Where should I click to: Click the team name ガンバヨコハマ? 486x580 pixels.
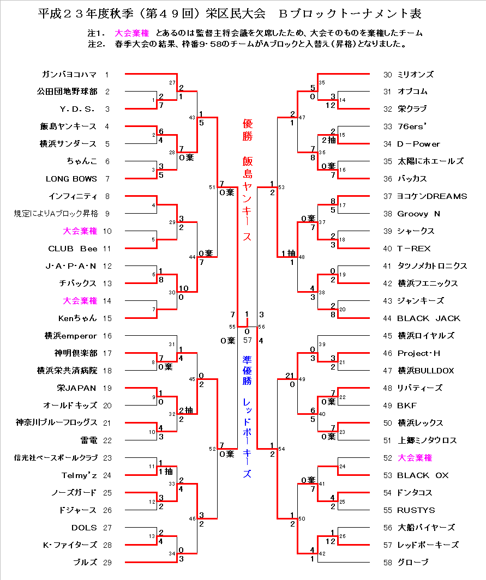click(69, 74)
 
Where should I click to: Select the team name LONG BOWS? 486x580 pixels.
click(71, 179)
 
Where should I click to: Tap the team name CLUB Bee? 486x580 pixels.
click(73, 249)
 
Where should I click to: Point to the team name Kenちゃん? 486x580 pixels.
click(78, 318)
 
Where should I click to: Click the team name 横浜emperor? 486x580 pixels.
click(71, 336)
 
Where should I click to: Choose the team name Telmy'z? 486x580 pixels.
click(79, 475)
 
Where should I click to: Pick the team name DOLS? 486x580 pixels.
click(84, 528)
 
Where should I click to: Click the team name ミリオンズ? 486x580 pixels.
click(416, 74)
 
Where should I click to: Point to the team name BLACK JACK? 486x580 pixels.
click(429, 318)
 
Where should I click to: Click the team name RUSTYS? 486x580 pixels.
click(416, 510)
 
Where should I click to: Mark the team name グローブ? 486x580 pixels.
click(413, 563)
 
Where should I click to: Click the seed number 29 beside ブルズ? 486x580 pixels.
click(107, 563)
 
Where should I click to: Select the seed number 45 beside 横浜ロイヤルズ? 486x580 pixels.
click(388, 336)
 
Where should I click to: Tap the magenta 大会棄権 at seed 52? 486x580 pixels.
click(415, 458)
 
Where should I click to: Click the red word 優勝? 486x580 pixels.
click(248, 130)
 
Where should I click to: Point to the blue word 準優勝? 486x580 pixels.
click(248, 370)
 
